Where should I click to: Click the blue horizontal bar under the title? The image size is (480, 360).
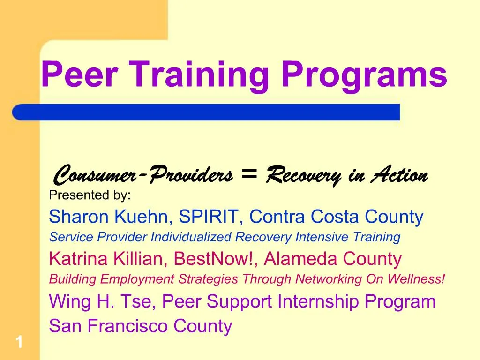click(206, 112)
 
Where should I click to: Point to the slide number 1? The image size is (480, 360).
click(19, 343)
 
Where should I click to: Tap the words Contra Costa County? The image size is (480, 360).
click(336, 217)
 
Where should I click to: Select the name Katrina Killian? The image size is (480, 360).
click(109, 258)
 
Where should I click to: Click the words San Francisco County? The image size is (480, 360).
click(141, 326)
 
